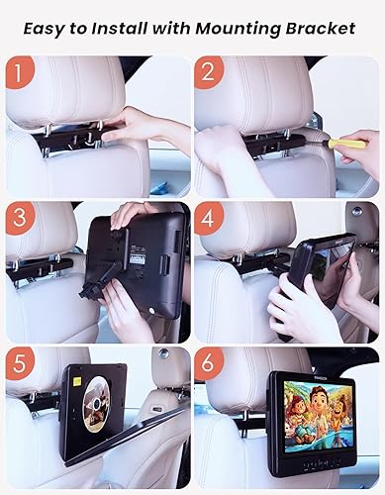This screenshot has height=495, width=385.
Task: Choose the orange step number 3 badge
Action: (x=21, y=219)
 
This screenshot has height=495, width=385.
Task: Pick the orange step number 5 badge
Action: (x=21, y=364)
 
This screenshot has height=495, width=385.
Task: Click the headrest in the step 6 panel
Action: (x=249, y=371)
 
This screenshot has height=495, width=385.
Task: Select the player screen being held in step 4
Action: (x=327, y=272)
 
